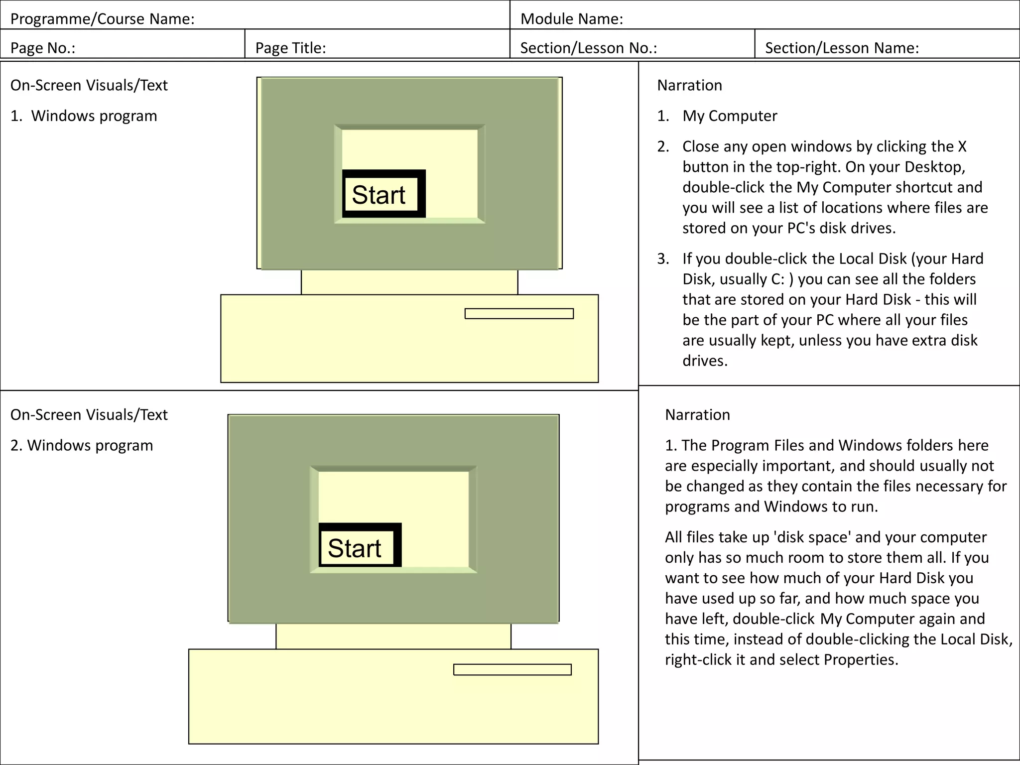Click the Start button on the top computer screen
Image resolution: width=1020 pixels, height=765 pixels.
[x=383, y=194]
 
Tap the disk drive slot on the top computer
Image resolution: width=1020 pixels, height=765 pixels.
[x=519, y=314]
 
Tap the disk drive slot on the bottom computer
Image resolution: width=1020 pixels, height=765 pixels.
[x=512, y=669]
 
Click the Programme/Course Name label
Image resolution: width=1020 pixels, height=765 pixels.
[x=102, y=19]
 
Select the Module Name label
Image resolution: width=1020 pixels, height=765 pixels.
[x=571, y=19]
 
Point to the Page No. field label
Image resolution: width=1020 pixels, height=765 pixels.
[x=43, y=48]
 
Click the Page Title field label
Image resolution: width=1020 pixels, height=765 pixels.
[x=290, y=48]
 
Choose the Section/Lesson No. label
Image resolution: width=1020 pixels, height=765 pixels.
[x=588, y=48]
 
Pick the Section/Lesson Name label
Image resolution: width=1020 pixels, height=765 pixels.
[x=842, y=48]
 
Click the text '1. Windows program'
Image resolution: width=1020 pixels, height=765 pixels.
[x=84, y=116]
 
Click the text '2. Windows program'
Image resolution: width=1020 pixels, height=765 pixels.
[x=82, y=445]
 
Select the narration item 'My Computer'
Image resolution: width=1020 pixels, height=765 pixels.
[x=729, y=116]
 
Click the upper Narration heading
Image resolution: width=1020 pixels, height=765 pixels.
[x=689, y=85]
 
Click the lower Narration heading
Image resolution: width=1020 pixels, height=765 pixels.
[x=697, y=415]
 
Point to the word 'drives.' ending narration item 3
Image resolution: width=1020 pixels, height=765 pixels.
[x=705, y=361]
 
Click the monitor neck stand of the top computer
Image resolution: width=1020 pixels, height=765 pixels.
[x=409, y=282]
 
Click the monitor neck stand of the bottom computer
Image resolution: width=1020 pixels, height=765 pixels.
[x=393, y=636]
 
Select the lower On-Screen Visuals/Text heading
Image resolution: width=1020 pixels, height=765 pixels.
[x=89, y=415]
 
